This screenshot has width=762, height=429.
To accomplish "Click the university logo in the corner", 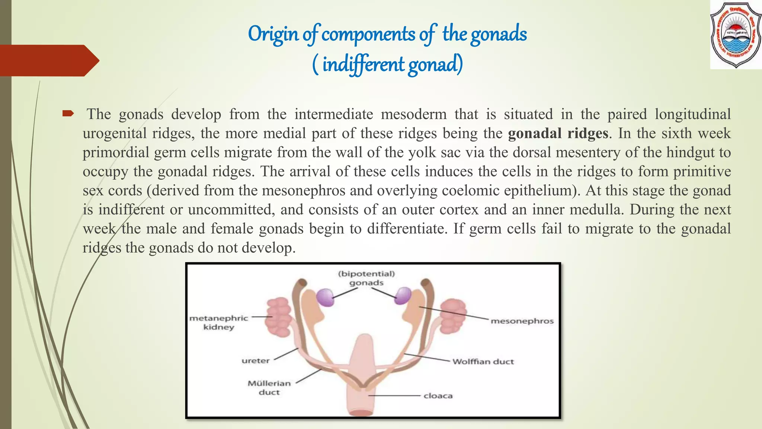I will (x=736, y=34).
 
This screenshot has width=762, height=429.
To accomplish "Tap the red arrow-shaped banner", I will (x=48, y=60).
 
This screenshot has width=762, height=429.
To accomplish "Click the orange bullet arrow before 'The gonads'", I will (x=68, y=113).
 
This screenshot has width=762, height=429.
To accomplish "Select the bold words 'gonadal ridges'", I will (x=558, y=133).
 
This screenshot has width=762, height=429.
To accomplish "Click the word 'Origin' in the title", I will (x=273, y=34).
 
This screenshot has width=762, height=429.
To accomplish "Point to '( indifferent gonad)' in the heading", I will (x=388, y=64).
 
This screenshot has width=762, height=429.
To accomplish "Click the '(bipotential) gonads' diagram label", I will (x=366, y=278).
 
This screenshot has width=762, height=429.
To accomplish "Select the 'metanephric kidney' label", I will (x=219, y=322).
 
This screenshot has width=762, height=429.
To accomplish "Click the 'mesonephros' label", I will (x=522, y=321).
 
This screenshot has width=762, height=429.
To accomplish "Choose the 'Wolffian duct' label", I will (x=483, y=362).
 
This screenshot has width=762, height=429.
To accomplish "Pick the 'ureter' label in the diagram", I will (x=256, y=361).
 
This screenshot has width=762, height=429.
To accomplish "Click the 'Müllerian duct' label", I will (x=269, y=388).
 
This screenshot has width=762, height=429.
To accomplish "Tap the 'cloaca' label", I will (x=438, y=396).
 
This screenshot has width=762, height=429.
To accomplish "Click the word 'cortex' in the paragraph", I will (x=459, y=210).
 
